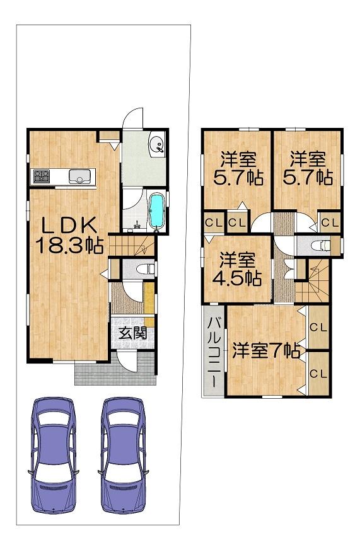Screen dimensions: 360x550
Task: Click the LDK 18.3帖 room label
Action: point(69,236)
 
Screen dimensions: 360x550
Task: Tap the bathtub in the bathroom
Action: point(156,212)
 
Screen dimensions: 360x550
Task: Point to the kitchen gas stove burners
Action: point(42,177)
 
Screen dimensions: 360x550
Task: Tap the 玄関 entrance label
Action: point(132,333)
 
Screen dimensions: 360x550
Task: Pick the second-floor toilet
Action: point(321,246)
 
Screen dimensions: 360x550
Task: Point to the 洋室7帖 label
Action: point(266,351)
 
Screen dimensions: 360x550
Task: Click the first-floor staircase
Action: point(132,245)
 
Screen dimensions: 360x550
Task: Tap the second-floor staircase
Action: point(313,280)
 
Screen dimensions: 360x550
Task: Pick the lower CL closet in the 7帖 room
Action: point(318,374)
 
